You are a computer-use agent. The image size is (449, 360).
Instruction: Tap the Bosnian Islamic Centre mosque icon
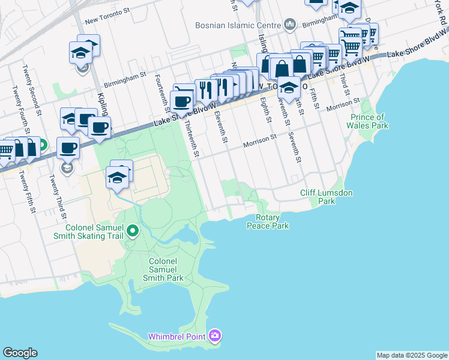[291, 25]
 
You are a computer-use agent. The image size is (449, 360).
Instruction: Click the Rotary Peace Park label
[268, 221]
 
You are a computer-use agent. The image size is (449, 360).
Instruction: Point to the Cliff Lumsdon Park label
[326, 197]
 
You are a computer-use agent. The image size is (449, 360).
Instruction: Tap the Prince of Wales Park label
[367, 121]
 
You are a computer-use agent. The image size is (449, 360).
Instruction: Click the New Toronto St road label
[108, 20]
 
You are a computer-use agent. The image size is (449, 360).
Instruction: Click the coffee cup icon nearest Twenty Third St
[68, 147]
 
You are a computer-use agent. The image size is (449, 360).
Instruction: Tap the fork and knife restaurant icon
[206, 89]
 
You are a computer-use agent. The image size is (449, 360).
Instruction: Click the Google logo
[20, 353]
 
